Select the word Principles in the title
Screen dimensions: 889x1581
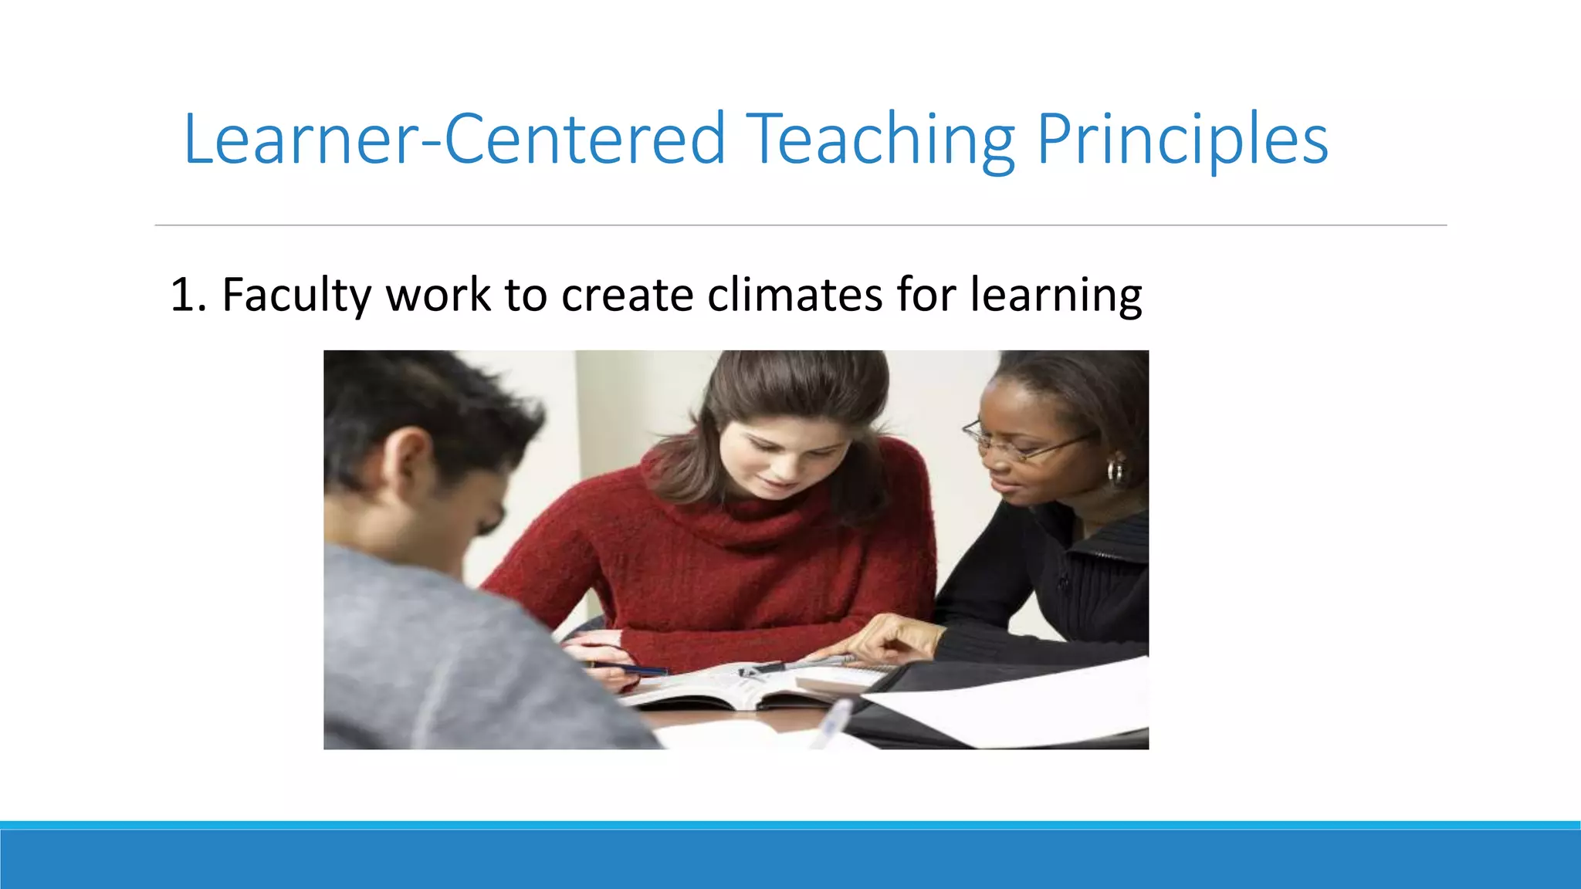click(x=1181, y=140)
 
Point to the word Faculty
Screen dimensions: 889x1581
click(x=296, y=295)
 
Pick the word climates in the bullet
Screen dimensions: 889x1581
click(x=794, y=295)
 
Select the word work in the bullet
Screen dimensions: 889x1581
click(x=438, y=295)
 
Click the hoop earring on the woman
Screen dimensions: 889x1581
click(x=1116, y=471)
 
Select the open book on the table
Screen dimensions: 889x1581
click(x=726, y=687)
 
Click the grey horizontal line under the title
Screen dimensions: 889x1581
click(x=801, y=225)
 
